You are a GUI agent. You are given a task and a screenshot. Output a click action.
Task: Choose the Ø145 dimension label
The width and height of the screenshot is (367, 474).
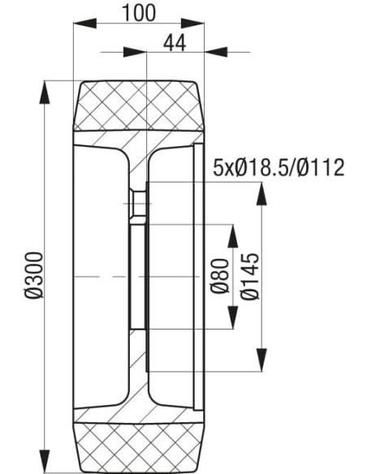click(249, 277)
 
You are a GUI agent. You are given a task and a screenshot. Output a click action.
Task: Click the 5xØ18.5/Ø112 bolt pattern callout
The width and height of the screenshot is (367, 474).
click(278, 168)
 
